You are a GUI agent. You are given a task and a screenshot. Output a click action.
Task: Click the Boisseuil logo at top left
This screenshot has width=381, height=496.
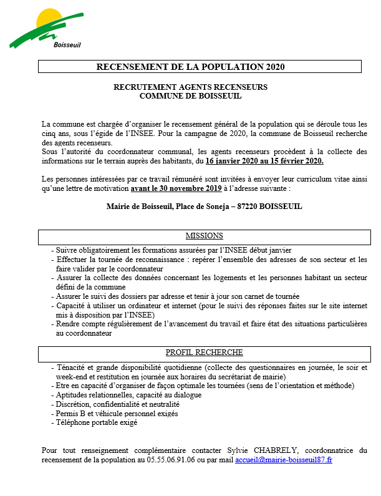pos(46,28)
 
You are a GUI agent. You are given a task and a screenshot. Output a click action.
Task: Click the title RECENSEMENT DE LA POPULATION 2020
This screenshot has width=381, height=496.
pos(200,67)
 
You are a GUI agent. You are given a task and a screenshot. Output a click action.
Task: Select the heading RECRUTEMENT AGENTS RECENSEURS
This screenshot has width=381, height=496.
pos(190,87)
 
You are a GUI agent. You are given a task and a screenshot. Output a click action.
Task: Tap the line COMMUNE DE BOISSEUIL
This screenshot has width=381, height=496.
pos(190,96)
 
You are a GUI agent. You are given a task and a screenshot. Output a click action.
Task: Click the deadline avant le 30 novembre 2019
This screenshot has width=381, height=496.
pos(172,188)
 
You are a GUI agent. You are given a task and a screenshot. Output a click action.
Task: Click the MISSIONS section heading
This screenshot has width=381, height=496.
pos(204,236)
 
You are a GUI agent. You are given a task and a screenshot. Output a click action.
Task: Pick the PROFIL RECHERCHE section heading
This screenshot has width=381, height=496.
pos(204,353)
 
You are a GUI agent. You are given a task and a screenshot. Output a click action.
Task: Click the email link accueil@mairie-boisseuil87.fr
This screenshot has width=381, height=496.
pos(284,459)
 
